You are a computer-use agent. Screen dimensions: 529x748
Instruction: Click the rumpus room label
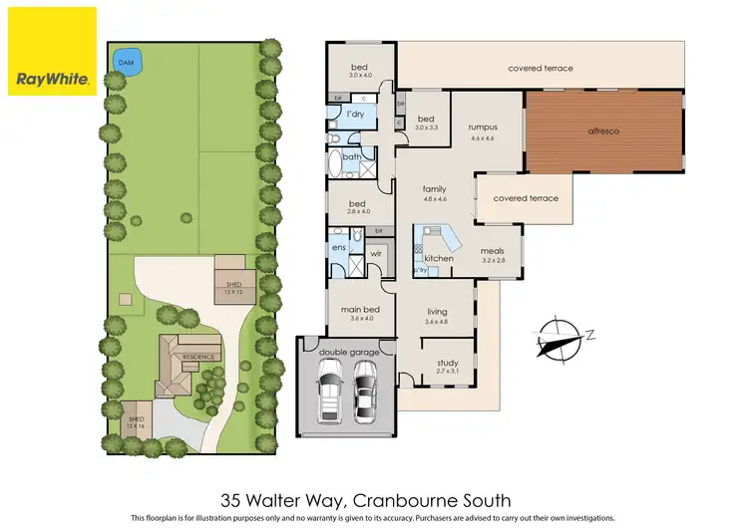(x=483, y=128)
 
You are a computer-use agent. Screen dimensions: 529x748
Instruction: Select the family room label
(x=435, y=188)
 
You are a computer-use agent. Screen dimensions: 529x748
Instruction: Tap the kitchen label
(x=439, y=258)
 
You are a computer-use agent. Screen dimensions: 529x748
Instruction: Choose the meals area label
(x=494, y=251)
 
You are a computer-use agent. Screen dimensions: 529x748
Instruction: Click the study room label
(x=446, y=366)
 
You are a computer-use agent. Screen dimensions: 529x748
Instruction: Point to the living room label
(x=437, y=312)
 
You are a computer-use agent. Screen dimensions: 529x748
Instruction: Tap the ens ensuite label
(x=339, y=246)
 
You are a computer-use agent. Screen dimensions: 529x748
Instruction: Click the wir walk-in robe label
(x=376, y=254)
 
